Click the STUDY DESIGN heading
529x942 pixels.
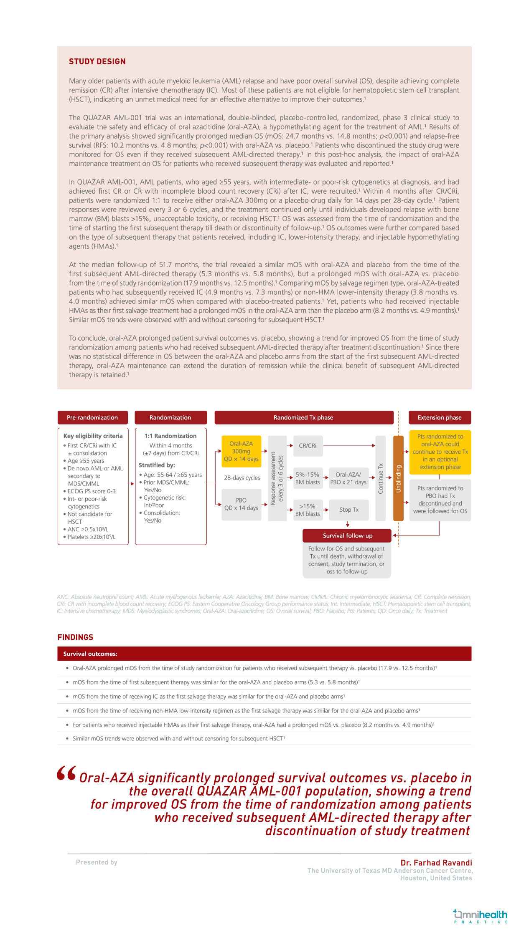tap(97, 61)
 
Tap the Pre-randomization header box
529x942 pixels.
tap(92, 417)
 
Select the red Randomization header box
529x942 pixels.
tap(170, 417)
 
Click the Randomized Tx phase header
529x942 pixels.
tap(304, 417)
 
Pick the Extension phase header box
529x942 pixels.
tap(440, 417)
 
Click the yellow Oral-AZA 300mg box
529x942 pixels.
tap(241, 451)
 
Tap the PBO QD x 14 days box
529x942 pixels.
tap(241, 504)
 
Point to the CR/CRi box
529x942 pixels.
tap(308, 446)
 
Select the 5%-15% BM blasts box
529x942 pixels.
tap(308, 478)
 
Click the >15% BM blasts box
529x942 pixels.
tap(308, 510)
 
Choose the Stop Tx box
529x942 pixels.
tap(349, 510)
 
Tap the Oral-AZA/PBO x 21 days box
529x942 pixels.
tap(348, 478)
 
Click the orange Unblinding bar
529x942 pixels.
tap(398, 478)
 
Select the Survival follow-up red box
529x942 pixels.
tap(347, 535)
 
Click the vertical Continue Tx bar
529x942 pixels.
tap(380, 478)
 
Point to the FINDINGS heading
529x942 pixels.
tap(75, 637)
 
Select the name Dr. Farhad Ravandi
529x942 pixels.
tap(436, 863)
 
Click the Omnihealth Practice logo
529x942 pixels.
tap(481, 917)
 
